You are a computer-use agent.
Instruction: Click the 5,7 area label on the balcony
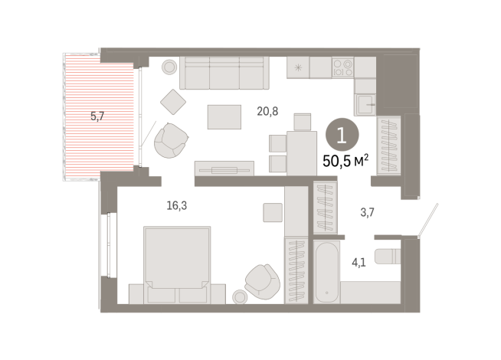(98, 116)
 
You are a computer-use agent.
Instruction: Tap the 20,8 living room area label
(267, 111)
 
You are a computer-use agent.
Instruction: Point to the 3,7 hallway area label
(367, 212)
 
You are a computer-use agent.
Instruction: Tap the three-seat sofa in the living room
(224, 74)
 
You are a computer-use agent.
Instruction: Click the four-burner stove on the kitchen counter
(342, 67)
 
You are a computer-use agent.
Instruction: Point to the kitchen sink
(365, 102)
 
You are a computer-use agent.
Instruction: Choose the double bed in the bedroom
(177, 260)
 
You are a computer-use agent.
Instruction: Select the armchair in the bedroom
(264, 280)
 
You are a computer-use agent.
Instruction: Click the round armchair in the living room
(171, 139)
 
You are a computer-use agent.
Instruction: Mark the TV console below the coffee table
(224, 167)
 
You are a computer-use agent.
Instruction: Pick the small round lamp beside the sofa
(168, 67)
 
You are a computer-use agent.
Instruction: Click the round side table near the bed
(241, 297)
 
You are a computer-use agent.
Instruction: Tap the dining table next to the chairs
(301, 151)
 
